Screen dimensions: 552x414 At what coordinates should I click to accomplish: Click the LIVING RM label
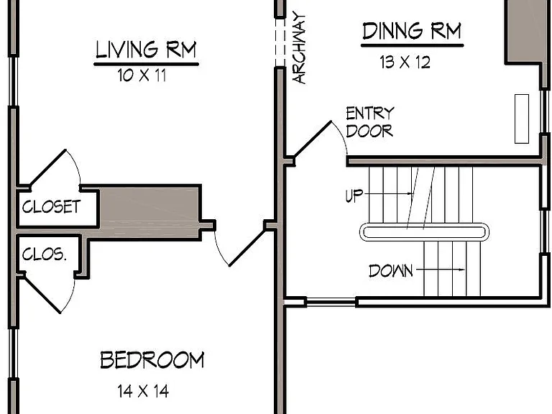(146, 50)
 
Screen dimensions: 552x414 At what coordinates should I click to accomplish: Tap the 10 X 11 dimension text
(142, 75)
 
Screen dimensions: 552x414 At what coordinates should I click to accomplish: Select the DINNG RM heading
(412, 31)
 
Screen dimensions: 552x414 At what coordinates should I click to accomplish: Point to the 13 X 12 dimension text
(405, 63)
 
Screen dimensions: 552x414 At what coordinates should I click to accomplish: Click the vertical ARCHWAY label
(299, 47)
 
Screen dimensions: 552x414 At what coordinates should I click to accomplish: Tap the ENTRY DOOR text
(369, 122)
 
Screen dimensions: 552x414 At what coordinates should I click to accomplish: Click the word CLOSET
(52, 207)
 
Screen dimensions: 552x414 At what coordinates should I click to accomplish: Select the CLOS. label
(44, 254)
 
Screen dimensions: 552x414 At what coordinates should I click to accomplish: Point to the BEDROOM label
(152, 360)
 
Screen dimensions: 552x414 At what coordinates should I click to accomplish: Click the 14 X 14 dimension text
(143, 391)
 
